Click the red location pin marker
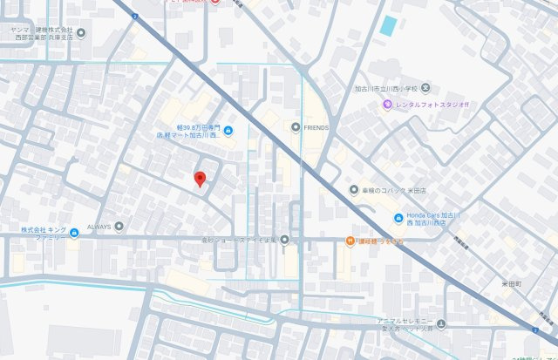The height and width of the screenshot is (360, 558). [x=200, y=179]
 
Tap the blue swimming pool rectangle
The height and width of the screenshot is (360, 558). [x=388, y=26]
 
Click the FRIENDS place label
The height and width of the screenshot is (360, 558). [x=316, y=128]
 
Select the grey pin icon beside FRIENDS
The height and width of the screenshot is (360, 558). [x=296, y=128]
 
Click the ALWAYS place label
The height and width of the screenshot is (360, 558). [x=99, y=227]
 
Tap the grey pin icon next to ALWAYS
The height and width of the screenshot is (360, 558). [x=119, y=227]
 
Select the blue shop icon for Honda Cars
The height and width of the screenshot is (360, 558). [x=398, y=218]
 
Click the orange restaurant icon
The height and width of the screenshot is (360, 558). [x=349, y=241]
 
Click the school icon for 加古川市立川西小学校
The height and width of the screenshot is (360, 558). [x=426, y=88]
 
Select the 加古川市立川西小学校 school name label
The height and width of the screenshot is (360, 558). [x=386, y=88]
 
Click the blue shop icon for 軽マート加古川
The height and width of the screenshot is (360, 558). [x=228, y=132]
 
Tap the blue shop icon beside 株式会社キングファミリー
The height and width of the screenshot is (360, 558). [x=74, y=232]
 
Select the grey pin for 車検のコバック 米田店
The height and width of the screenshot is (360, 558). [x=353, y=189]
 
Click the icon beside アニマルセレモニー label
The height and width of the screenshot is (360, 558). [x=441, y=325]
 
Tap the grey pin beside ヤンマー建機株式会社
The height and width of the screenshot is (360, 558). [x=81, y=33]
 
